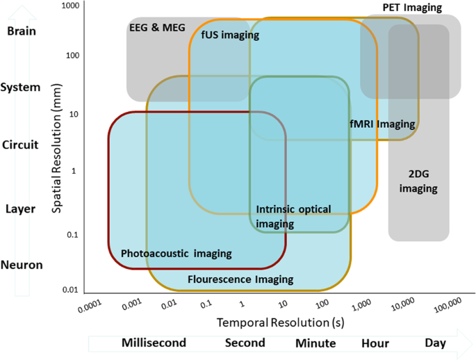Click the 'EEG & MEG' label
(x=157, y=27)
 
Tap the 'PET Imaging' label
(x=412, y=7)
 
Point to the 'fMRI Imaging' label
(x=382, y=124)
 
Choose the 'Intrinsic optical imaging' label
(x=293, y=216)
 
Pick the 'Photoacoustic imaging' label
(x=177, y=253)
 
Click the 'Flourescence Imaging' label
(x=240, y=279)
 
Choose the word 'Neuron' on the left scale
(x=22, y=265)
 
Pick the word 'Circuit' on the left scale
(x=20, y=145)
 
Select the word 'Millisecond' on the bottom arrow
(x=154, y=343)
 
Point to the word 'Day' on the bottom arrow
(x=436, y=343)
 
